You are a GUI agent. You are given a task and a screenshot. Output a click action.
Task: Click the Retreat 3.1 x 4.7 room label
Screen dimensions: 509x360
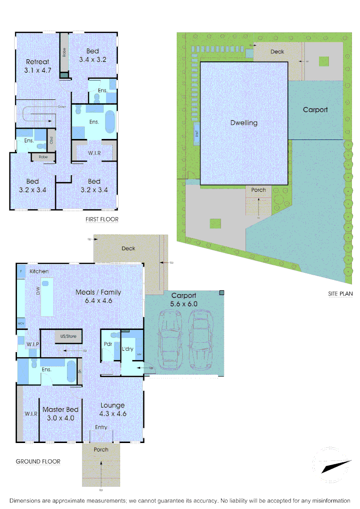pos(38,66)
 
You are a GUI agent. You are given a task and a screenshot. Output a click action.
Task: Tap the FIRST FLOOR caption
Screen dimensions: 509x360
pos(102,219)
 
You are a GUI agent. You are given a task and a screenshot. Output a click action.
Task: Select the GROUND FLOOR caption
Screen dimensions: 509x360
pos(38,461)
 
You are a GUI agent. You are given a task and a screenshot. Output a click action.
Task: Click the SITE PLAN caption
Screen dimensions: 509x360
pos(340,294)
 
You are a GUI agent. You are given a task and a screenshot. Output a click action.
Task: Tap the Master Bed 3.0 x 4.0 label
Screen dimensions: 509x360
pos(60,413)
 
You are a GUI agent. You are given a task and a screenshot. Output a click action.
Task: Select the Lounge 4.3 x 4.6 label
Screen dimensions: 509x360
pos(113,409)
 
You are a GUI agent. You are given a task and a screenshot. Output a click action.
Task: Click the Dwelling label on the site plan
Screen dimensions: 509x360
pos(244,123)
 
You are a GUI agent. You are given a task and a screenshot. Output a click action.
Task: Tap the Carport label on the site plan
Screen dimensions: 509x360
pos(315,110)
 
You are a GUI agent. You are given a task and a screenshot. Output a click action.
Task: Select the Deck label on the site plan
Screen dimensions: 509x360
pos(277,51)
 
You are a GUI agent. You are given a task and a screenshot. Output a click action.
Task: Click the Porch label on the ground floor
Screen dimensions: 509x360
pos(101,449)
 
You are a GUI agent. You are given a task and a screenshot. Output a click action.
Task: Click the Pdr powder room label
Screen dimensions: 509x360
pos(107,344)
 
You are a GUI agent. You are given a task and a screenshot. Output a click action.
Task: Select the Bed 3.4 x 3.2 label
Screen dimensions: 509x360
pos(93,55)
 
